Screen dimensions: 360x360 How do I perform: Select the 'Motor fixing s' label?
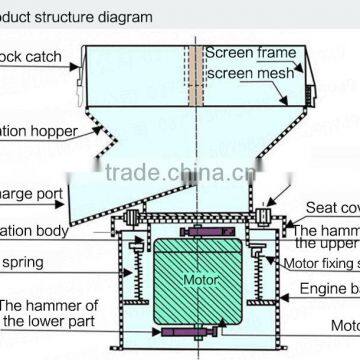coord(322,263)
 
